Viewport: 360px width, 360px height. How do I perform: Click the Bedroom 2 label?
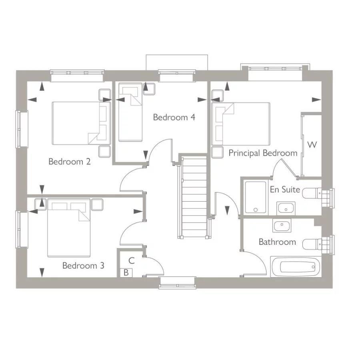point(69,162)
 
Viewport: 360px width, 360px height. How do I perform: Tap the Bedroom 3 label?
point(83,266)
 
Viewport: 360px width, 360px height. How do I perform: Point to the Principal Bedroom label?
point(263,153)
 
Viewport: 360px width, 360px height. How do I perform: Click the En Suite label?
point(285,190)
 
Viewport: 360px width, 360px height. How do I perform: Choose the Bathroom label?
point(277,242)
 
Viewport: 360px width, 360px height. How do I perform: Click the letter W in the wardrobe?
point(312,145)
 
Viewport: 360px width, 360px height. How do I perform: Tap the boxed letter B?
point(126,273)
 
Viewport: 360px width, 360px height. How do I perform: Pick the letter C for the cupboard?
point(132,261)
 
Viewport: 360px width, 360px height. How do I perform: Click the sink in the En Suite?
point(286,208)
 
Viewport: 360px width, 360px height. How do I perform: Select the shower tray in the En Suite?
point(256,198)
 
